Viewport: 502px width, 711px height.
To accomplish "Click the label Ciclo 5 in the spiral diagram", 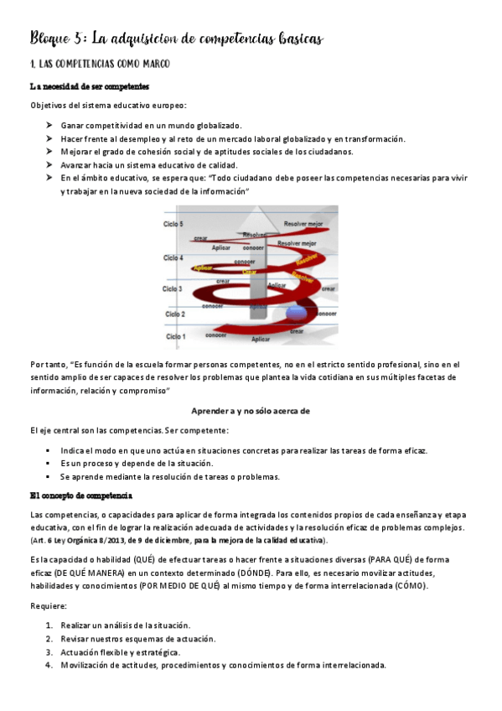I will click(x=173, y=224).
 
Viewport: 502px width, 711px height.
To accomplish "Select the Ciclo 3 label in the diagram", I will click(x=172, y=288).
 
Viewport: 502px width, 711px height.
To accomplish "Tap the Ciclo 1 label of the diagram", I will click(x=175, y=336).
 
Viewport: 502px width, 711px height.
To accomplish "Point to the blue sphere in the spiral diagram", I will click(x=298, y=314).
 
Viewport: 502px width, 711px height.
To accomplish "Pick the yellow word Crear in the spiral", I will click(x=249, y=272).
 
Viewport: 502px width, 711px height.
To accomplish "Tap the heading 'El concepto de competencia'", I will click(x=80, y=496).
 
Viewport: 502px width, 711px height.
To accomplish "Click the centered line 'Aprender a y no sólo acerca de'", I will click(x=251, y=411).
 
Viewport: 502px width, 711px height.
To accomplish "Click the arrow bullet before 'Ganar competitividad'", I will click(x=49, y=125).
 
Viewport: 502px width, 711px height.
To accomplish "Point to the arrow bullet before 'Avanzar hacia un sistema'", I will click(x=49, y=165).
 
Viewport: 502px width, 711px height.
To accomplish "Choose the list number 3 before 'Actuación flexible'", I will click(x=49, y=651).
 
